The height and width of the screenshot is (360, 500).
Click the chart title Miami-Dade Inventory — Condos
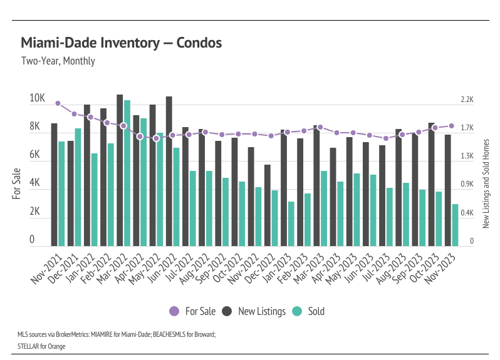121,43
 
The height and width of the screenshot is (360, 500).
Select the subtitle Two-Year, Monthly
58,61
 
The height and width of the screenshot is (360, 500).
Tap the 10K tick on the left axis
37,98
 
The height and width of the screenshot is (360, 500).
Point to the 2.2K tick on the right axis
467,100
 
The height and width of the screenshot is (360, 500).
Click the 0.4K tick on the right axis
467,213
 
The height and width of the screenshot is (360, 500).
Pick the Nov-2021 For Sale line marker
58,103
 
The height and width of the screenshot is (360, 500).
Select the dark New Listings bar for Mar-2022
120,170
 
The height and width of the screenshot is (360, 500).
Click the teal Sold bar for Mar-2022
127,173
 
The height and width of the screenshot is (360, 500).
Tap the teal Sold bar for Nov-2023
456,225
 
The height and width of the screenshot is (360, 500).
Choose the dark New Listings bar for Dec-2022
268,205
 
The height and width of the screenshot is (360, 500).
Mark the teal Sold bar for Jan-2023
291,224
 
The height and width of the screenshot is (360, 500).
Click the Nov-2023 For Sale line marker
451,126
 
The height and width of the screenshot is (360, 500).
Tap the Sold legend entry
309,311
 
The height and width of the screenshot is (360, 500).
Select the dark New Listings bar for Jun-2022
169,171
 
